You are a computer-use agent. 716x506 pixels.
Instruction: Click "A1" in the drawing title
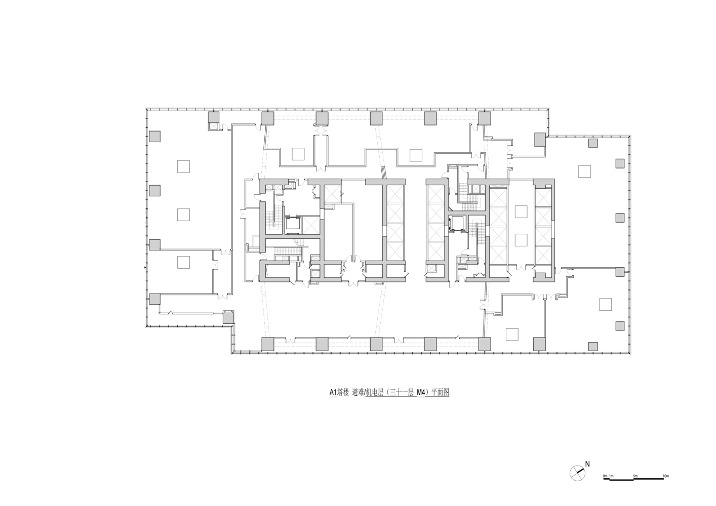pos(333,392)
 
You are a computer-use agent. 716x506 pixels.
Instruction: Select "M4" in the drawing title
pos(421,392)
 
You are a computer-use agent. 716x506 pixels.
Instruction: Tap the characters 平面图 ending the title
pos(440,392)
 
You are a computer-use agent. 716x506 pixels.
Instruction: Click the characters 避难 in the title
pos(357,392)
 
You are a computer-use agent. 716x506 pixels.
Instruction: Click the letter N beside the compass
pos(587,464)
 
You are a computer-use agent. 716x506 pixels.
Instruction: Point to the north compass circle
pos(577,473)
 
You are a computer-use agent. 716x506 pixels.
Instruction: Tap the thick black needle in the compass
pos(580,471)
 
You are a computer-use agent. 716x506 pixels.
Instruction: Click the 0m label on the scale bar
pos(605,476)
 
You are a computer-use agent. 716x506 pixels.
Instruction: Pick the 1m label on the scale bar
pos(612,476)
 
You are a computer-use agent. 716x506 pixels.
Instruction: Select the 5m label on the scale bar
pos(635,476)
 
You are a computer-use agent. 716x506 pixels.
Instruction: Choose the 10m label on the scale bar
pos(666,476)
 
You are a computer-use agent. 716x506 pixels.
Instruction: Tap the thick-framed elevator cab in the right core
pos(457,223)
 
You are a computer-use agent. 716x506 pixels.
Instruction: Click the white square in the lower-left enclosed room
pos(183,262)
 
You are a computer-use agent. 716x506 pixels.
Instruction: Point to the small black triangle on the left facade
pos(145,267)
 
